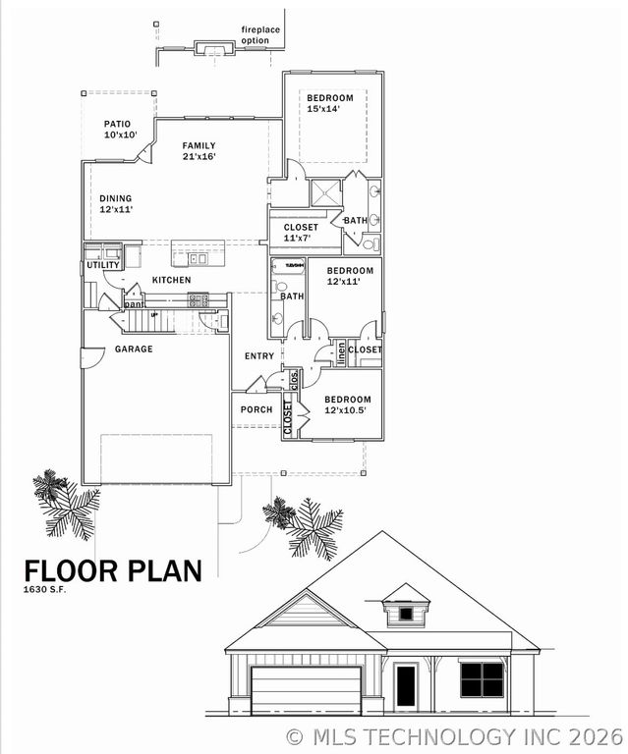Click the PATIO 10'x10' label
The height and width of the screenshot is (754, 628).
point(121,130)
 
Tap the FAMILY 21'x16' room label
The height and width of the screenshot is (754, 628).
point(199,150)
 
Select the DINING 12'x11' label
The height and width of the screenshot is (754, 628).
point(116,203)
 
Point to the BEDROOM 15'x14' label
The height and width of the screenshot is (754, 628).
point(329,103)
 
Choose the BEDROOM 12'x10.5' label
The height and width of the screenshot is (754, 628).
point(348,404)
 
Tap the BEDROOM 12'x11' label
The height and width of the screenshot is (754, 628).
point(350,275)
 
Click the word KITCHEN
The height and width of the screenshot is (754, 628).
point(171,281)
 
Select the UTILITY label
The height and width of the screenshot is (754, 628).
point(103,265)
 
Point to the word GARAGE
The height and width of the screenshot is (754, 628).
point(134,349)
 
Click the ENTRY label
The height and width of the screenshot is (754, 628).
point(259,356)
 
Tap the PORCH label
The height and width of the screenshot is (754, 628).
point(257,409)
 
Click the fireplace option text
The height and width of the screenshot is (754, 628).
point(261,35)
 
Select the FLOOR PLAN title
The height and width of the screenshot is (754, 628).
point(112,570)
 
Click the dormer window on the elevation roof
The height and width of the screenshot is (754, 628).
point(405,614)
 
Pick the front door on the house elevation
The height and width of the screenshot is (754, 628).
point(406,684)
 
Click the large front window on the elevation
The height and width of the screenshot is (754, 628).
point(482,678)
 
